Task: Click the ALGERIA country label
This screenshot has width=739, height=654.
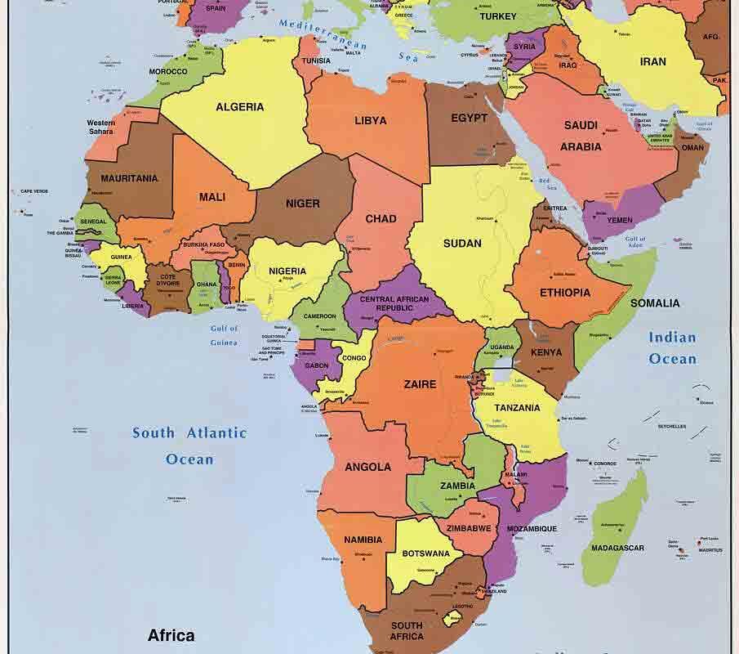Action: [x=239, y=107]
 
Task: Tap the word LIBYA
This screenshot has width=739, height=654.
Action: [x=370, y=121]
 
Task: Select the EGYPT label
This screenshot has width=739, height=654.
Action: [x=469, y=118]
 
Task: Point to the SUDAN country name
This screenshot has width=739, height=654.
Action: [x=462, y=243]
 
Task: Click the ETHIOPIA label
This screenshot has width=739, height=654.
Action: [x=564, y=293]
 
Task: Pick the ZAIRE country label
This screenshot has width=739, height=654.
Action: [x=420, y=384]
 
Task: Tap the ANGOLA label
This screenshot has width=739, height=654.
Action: [x=367, y=468]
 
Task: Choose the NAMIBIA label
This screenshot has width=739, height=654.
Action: [x=363, y=540]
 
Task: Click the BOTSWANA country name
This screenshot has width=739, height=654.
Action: [x=426, y=553]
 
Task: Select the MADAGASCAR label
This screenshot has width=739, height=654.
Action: [x=617, y=549]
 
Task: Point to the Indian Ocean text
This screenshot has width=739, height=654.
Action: [x=672, y=348]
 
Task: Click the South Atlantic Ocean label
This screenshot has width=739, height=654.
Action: [x=189, y=446]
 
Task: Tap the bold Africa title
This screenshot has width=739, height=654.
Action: [x=171, y=635]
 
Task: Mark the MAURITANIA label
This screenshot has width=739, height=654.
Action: [x=129, y=178]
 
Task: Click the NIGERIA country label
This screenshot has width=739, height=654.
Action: [x=287, y=271]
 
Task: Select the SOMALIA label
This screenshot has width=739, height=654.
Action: [x=654, y=303]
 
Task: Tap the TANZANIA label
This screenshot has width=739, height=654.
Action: [x=518, y=408]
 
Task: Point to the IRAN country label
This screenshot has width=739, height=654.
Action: [x=652, y=61]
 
